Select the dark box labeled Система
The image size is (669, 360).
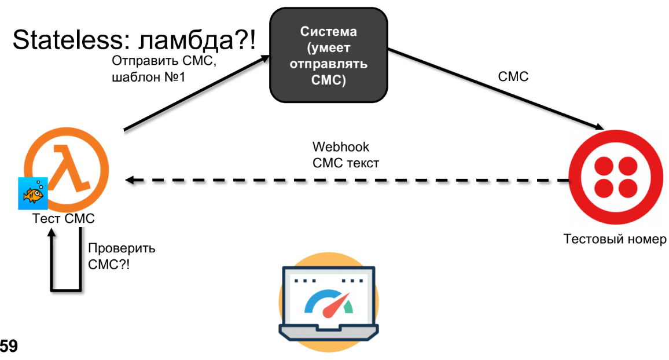pyautogui.click(x=328, y=56)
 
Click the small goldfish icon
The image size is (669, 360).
pyautogui.click(x=32, y=194)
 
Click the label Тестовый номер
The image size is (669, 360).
pyautogui.click(x=615, y=239)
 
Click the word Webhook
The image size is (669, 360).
pyautogui.click(x=340, y=147)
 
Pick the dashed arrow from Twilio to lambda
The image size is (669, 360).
pyautogui.click(x=347, y=181)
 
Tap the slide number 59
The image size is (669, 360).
pyautogui.click(x=9, y=347)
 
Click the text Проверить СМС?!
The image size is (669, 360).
pyautogui.click(x=121, y=257)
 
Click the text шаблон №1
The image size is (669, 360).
pyautogui.click(x=148, y=77)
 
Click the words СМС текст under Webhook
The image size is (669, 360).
pyautogui.click(x=345, y=163)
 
